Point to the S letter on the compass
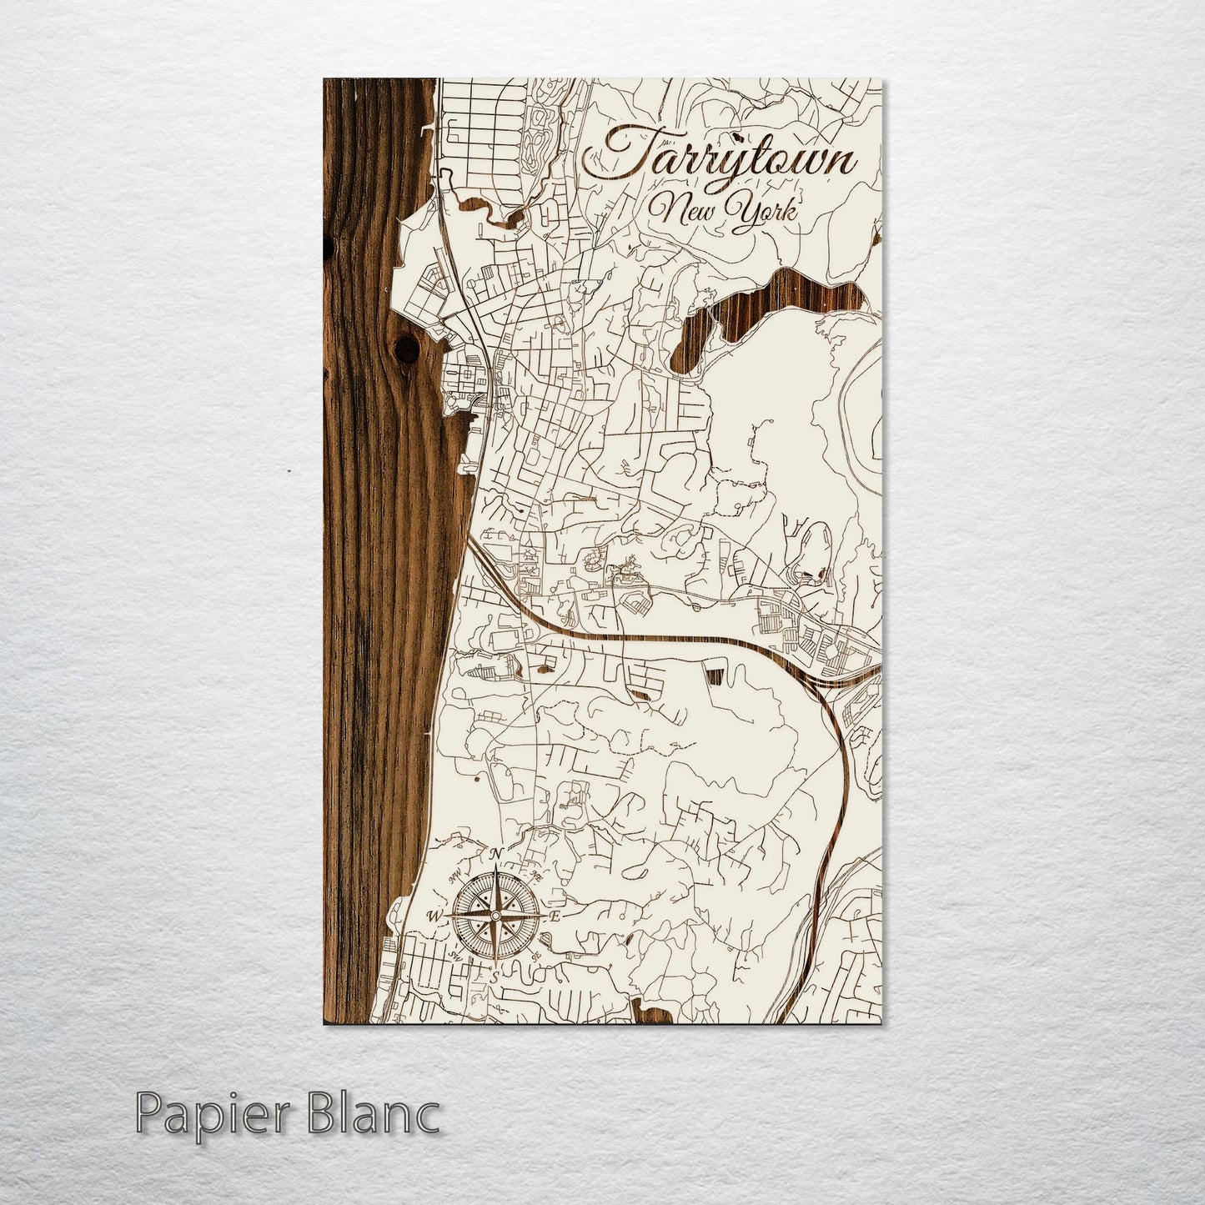(495, 976)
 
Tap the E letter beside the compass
(555, 916)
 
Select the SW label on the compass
(454, 956)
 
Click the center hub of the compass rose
(495, 916)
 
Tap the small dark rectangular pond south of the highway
(715, 675)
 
